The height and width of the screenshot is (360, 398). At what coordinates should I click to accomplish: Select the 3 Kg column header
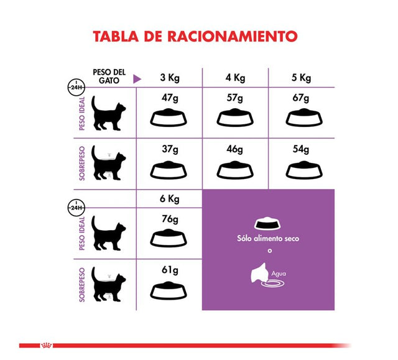pos(170,78)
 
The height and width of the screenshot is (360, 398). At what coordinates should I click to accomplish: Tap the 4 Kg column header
pos(235,78)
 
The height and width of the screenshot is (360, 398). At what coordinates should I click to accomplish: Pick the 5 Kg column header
pos(301,78)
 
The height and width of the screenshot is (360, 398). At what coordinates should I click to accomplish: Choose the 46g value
pos(235,150)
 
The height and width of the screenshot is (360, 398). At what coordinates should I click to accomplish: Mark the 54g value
pos(301,150)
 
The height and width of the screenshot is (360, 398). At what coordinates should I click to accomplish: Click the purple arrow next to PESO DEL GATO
pos(137,79)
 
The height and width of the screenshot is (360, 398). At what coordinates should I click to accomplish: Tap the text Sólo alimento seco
pos(269,239)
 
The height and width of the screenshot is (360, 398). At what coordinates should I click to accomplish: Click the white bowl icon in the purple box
pos(269,224)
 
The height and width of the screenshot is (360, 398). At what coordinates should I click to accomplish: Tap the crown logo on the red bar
pos(45,346)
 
